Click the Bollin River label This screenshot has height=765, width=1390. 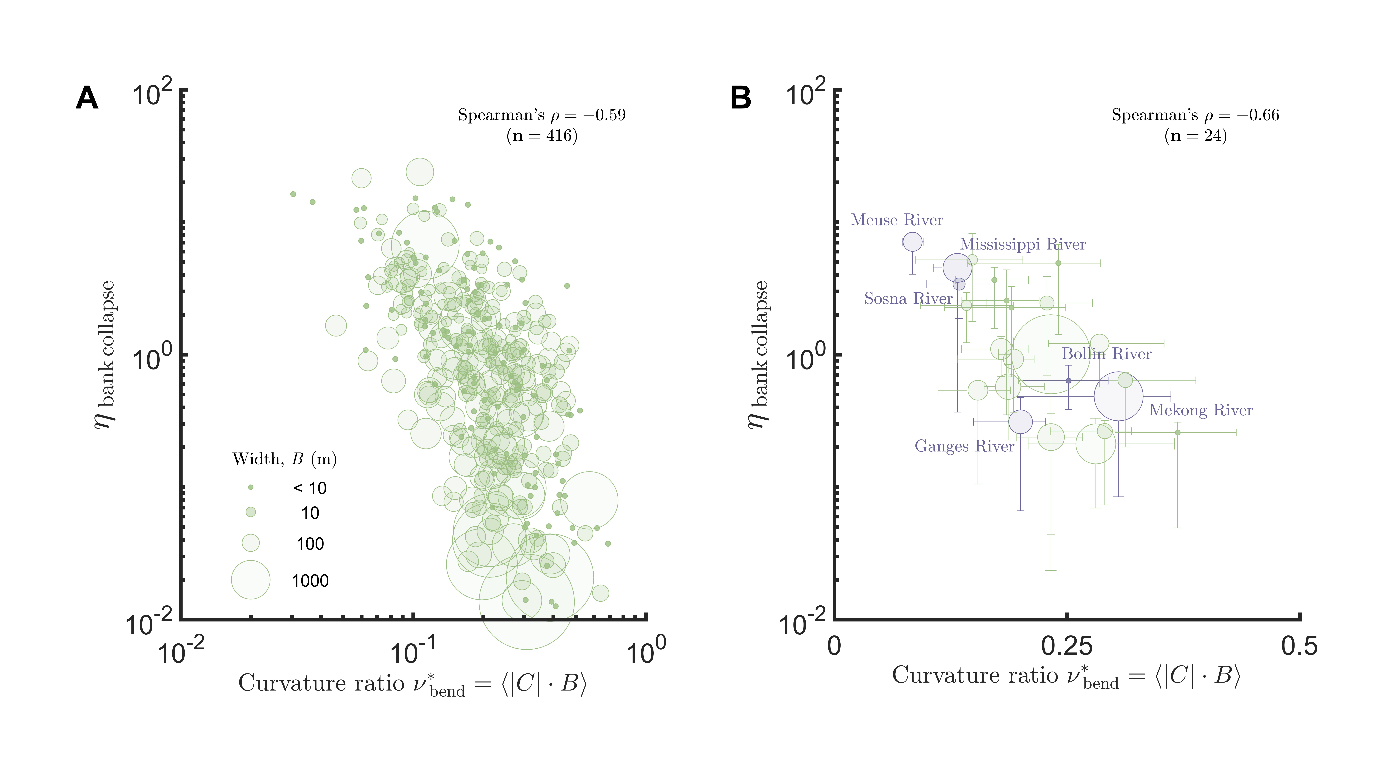click(1106, 354)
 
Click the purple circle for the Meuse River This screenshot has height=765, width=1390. click(912, 242)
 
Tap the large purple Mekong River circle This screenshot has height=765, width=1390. click(1119, 396)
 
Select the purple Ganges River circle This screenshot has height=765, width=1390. click(1020, 422)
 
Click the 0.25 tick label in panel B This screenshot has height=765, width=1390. click(1067, 646)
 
